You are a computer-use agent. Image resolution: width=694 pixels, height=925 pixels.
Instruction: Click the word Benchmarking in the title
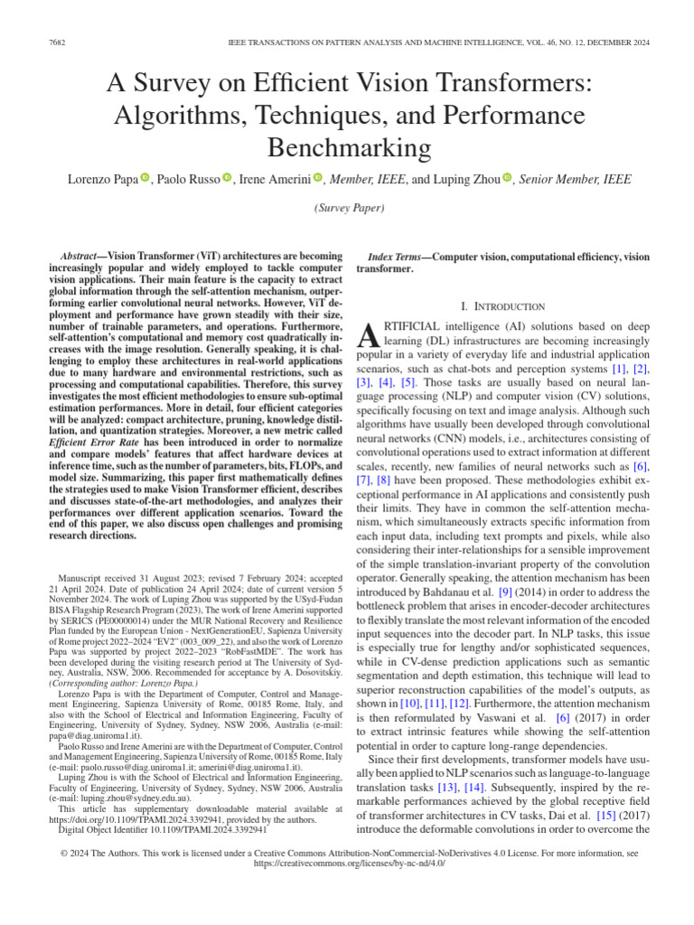[347, 146]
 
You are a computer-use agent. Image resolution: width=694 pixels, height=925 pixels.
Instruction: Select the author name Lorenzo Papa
[102, 180]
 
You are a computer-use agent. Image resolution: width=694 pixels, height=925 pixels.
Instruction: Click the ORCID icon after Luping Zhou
[507, 179]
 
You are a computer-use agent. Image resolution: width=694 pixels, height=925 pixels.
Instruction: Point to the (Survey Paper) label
[348, 209]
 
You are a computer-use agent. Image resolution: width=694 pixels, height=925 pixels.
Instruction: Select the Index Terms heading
[399, 257]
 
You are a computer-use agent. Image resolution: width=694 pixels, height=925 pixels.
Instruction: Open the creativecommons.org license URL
[347, 863]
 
